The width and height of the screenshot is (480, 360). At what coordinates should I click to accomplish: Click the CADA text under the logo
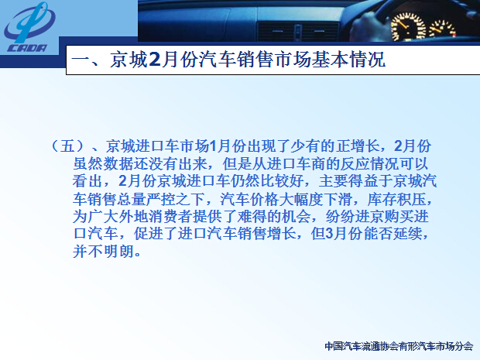pyautogui.click(x=27, y=48)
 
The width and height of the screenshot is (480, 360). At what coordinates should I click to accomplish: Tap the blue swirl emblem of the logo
pyautogui.click(x=29, y=22)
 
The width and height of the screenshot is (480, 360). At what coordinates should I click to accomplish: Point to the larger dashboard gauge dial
pyautogui.click(x=408, y=27)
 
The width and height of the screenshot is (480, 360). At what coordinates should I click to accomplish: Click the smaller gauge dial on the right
pyautogui.click(x=442, y=29)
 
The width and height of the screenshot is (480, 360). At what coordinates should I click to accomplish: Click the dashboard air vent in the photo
pyautogui.click(x=298, y=32)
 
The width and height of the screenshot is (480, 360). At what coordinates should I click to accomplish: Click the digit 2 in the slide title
pyautogui.click(x=155, y=59)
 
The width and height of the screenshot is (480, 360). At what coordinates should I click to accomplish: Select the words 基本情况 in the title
pyautogui.click(x=348, y=59)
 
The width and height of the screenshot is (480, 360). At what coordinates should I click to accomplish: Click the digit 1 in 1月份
pyautogui.click(x=213, y=146)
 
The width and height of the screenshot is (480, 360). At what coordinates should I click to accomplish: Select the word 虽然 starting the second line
pyautogui.click(x=87, y=164)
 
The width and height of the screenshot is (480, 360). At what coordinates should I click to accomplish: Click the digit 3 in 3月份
pyautogui.click(x=329, y=234)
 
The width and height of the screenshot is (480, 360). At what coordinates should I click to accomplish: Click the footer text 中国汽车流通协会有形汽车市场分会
pyautogui.click(x=399, y=346)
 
